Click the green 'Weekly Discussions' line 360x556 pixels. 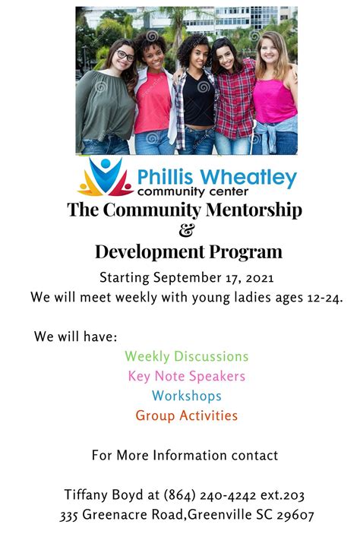pyautogui.click(x=186, y=356)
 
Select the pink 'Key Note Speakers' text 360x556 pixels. pyautogui.click(x=186, y=376)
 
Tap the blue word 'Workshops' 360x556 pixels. pyautogui.click(x=186, y=396)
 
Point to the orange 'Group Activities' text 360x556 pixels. pyautogui.click(x=186, y=416)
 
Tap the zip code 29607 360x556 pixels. pyautogui.click(x=295, y=516)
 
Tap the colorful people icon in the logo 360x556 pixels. pyautogui.click(x=105, y=176)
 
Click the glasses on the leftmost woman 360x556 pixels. pyautogui.click(x=124, y=55)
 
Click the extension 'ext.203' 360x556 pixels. pyautogui.click(x=281, y=495)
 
